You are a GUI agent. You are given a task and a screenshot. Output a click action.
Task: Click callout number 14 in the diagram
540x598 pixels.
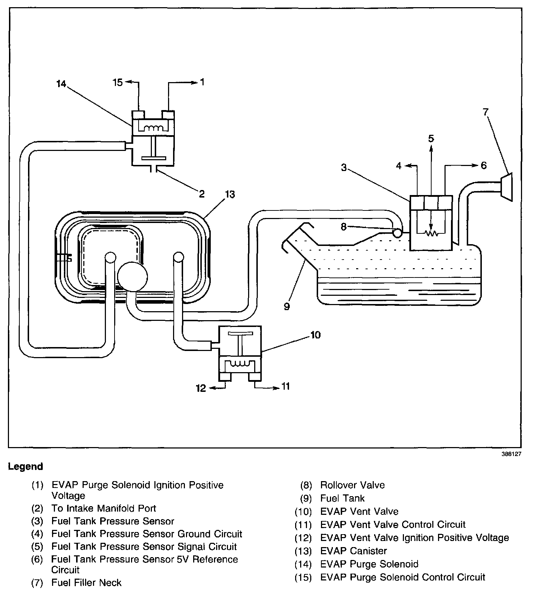coord(61,84)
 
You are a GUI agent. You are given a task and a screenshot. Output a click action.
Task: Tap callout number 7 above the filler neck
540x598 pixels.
coord(486,112)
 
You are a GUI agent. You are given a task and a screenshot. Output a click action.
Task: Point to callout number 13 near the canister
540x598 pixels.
coord(230,194)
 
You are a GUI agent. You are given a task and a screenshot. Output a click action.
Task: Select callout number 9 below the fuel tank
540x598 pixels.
coord(287,307)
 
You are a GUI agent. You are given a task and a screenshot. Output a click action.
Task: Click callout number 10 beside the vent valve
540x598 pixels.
coord(316,335)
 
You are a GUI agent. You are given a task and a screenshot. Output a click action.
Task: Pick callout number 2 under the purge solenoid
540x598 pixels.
coord(201,194)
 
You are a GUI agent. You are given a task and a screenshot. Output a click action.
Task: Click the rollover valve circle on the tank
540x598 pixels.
coord(397,233)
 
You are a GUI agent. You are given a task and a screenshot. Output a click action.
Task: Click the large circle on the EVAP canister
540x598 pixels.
coord(132,275)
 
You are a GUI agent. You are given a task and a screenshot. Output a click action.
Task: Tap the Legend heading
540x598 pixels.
coord(25,466)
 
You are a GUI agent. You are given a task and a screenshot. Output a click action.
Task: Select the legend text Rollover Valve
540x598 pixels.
coord(352,485)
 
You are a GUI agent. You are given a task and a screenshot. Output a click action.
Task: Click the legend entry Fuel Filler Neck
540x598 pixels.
coord(86,583)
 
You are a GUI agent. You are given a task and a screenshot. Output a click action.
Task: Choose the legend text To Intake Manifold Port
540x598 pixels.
coord(104,508)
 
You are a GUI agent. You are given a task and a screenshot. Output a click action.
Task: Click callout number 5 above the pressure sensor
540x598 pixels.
coord(431,138)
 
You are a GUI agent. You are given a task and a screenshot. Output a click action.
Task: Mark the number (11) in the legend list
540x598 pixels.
coord(303,525)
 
